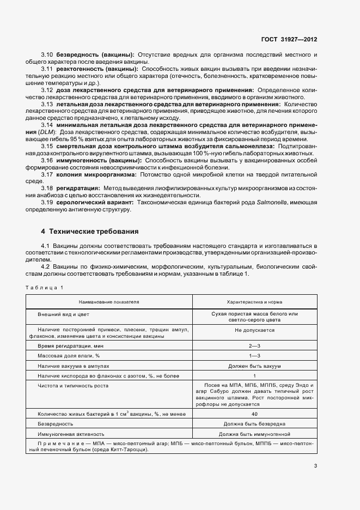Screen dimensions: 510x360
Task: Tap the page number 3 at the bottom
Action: click(315, 465)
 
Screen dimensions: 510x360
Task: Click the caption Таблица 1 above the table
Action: click(44, 287)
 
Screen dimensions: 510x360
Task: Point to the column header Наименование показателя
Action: click(109, 301)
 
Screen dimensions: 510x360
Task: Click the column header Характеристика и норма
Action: click(254, 301)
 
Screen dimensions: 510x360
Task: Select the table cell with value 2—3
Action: click(254, 346)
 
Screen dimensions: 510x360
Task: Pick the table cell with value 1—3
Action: click(254, 355)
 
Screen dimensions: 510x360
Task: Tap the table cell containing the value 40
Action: click(254, 414)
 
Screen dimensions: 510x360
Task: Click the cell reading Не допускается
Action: click(254, 330)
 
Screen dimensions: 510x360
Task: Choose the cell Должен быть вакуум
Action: click(254, 366)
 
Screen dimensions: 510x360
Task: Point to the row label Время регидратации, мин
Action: click(70, 346)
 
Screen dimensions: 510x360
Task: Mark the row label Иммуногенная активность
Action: click(70, 434)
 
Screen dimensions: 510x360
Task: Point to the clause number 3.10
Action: click(47, 54)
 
